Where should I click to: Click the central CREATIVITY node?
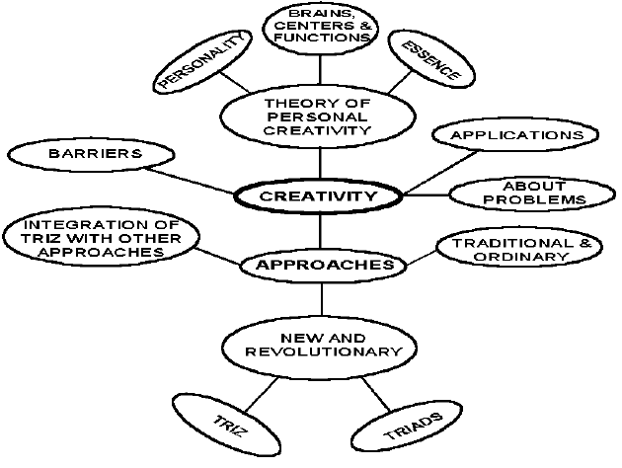[x=319, y=195]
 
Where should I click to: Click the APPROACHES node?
[x=324, y=265]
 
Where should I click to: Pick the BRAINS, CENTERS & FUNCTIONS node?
[x=320, y=25]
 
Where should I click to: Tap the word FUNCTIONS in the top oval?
[x=320, y=38]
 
